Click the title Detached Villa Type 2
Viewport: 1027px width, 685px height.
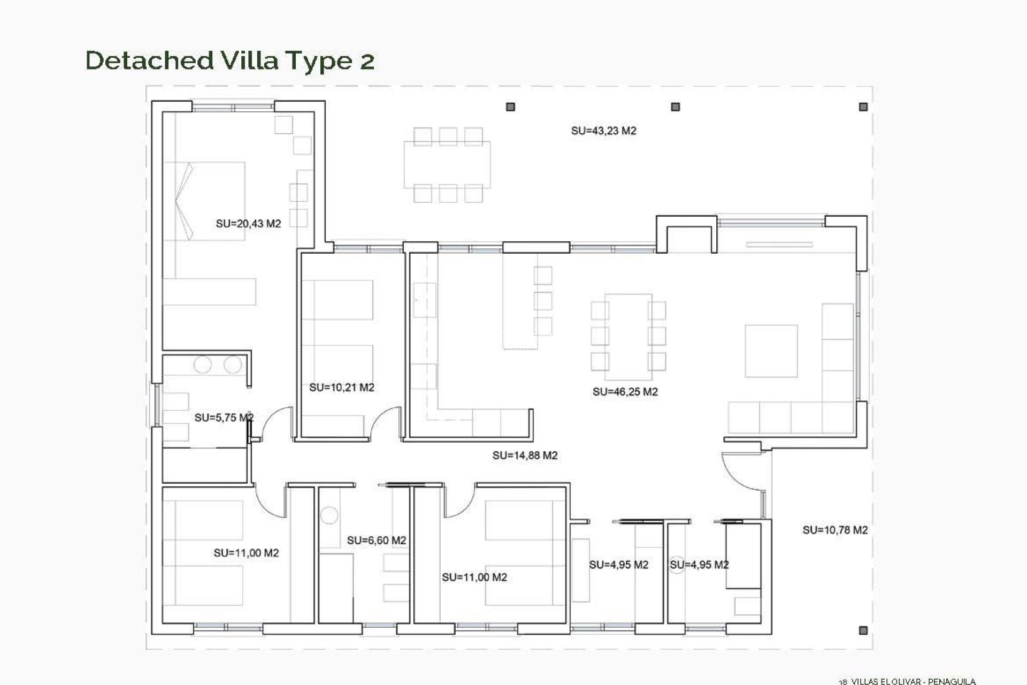pos(229,60)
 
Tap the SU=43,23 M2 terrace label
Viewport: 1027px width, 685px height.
pos(603,131)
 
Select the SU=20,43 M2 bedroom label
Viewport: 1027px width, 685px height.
pos(248,224)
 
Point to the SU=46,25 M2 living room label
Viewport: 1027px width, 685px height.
pos(625,392)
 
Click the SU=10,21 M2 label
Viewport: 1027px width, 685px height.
pos(341,387)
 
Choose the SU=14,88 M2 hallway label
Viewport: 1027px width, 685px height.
pos(525,455)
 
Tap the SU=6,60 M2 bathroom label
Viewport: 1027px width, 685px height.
pos(376,541)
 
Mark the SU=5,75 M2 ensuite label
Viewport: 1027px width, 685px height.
pos(224,417)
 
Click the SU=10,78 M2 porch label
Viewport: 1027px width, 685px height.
pos(834,530)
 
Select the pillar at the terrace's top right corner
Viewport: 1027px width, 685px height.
pos(863,107)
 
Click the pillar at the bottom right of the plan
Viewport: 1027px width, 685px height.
pos(863,631)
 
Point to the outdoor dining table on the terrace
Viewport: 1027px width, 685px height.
pos(447,164)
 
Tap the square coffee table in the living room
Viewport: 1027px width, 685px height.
pos(771,351)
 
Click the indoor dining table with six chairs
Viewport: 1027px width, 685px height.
pos(628,332)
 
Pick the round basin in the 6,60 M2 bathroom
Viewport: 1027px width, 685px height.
pos(329,516)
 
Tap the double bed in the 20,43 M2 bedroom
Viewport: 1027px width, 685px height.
pos(206,201)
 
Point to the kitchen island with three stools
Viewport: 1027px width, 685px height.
pos(520,301)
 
